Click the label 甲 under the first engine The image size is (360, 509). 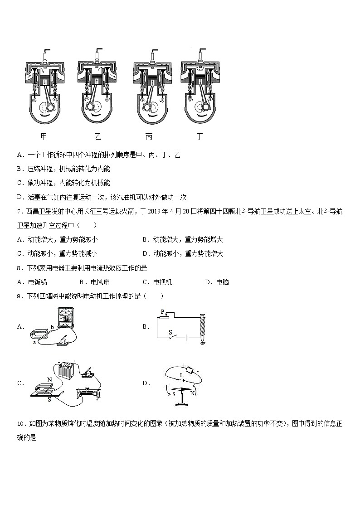click(x=44, y=136)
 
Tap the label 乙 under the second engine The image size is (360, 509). click(x=98, y=136)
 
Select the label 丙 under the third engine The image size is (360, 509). click(x=149, y=136)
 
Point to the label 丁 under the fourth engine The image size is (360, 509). click(x=199, y=136)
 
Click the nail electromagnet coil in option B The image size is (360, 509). click(x=203, y=328)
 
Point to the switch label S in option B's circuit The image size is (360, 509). click(x=170, y=332)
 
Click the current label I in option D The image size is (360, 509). click(x=180, y=375)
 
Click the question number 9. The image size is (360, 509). click(x=19, y=296)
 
